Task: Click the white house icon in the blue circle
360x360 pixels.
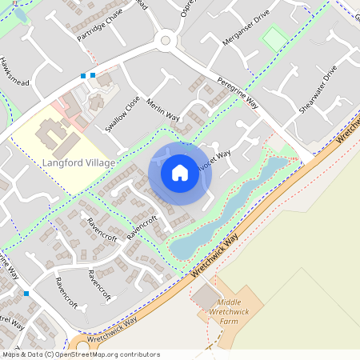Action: pos(180,173)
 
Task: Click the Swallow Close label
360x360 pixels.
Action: pos(122,114)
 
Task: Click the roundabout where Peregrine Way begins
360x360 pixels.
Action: pos(167,39)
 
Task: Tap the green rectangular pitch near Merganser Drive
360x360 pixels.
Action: pos(275,38)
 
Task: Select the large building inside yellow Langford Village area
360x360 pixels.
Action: pos(52,138)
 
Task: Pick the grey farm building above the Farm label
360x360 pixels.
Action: pos(203,298)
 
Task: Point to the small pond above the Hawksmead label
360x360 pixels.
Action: pos(20,14)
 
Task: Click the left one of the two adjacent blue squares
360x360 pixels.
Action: pos(83,76)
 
